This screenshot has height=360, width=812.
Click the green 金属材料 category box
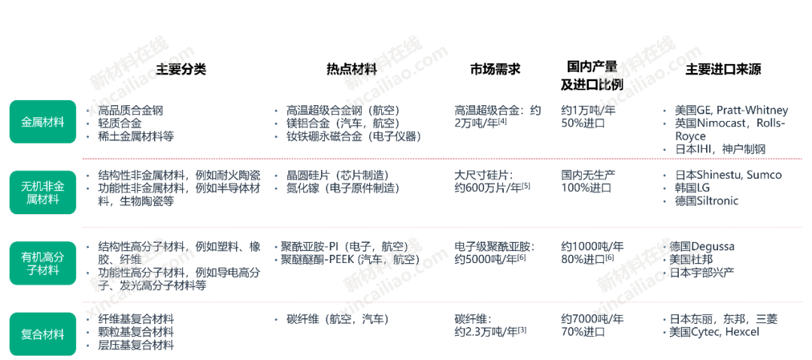(x=42, y=123)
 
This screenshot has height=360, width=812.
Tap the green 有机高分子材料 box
(x=42, y=263)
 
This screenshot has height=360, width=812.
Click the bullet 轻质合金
(x=120, y=123)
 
